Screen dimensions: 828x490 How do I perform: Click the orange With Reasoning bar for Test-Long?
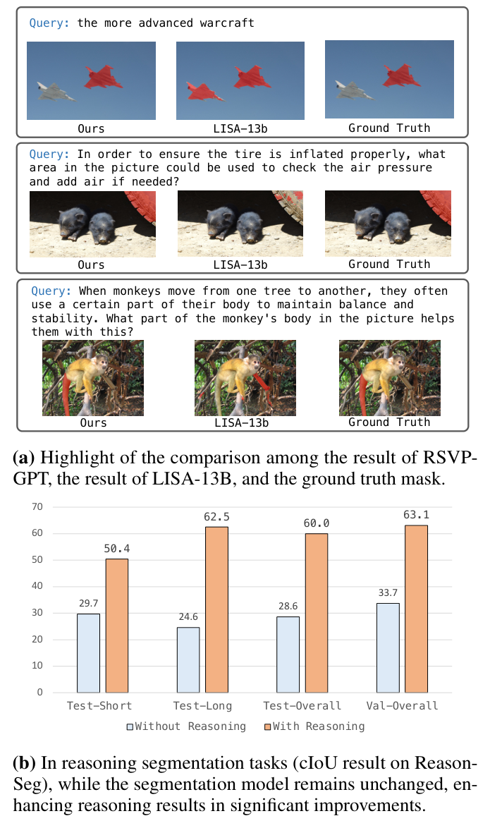(217, 609)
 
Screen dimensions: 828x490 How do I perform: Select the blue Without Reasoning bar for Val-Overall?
(387, 647)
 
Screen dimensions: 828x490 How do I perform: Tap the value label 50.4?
(117, 547)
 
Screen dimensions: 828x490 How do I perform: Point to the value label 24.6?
(187, 616)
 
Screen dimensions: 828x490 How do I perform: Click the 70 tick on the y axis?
(38, 506)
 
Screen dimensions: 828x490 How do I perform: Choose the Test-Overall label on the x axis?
(302, 706)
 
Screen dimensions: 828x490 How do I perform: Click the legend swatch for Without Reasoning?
(130, 726)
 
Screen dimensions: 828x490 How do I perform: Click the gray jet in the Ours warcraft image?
(56, 90)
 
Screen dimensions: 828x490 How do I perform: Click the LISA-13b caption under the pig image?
(240, 264)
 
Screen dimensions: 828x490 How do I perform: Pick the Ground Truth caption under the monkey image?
(389, 422)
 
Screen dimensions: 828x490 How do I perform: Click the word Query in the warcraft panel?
(49, 23)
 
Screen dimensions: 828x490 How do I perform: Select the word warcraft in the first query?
(225, 23)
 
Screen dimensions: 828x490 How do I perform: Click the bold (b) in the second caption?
(23, 763)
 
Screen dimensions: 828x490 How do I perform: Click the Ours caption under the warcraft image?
(91, 128)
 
